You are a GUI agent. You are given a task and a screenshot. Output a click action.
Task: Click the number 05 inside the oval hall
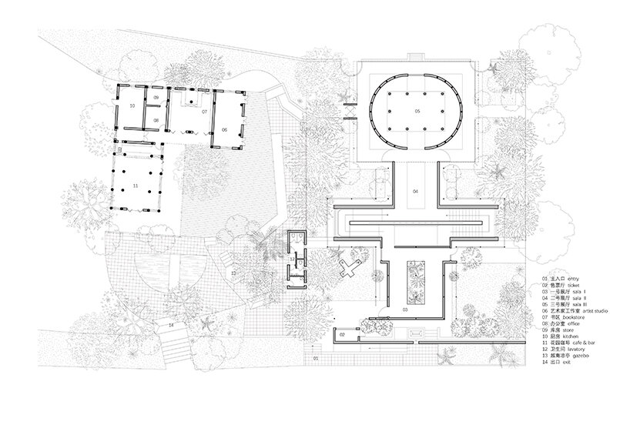(x=417, y=112)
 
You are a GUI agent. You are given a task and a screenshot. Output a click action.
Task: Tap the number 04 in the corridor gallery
(x=415, y=190)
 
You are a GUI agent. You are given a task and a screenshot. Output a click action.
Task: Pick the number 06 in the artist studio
(x=225, y=129)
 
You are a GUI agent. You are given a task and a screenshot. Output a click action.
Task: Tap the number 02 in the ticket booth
(x=341, y=335)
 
